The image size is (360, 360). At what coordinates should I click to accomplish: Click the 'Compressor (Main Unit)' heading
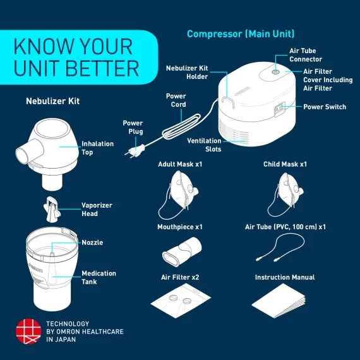241,33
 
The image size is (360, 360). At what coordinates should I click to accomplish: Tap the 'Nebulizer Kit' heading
52,100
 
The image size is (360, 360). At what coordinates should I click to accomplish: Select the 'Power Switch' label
325,107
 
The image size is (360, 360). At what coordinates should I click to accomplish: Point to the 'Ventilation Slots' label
204,145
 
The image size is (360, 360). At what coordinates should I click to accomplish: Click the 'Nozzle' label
92,243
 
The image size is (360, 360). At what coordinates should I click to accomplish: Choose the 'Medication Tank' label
99,278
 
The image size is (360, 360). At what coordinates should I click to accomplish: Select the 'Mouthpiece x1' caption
180,226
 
